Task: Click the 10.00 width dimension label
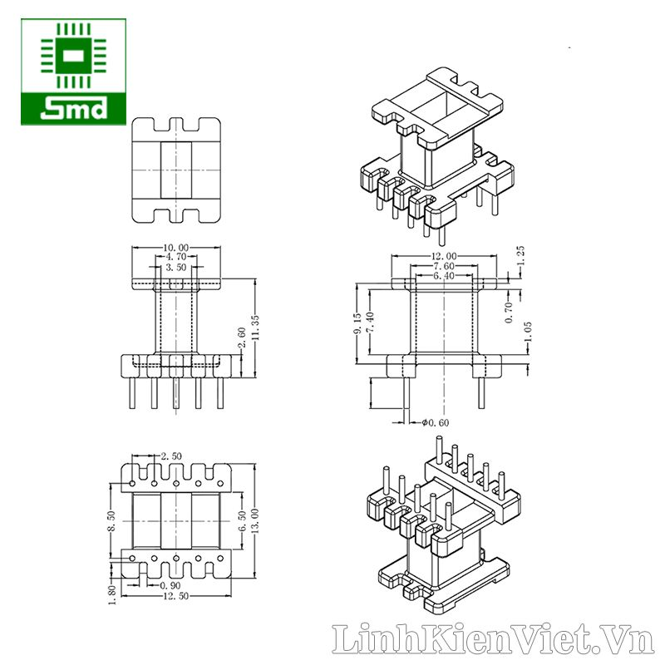coord(175,247)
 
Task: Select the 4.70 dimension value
coord(176,257)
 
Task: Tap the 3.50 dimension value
coord(176,267)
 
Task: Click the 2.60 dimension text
coord(242,337)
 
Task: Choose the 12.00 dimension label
coord(444,256)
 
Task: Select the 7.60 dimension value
coord(444,266)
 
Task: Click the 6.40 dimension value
coord(444,276)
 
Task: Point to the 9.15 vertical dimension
coord(357,323)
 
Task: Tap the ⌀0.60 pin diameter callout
coord(436,422)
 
